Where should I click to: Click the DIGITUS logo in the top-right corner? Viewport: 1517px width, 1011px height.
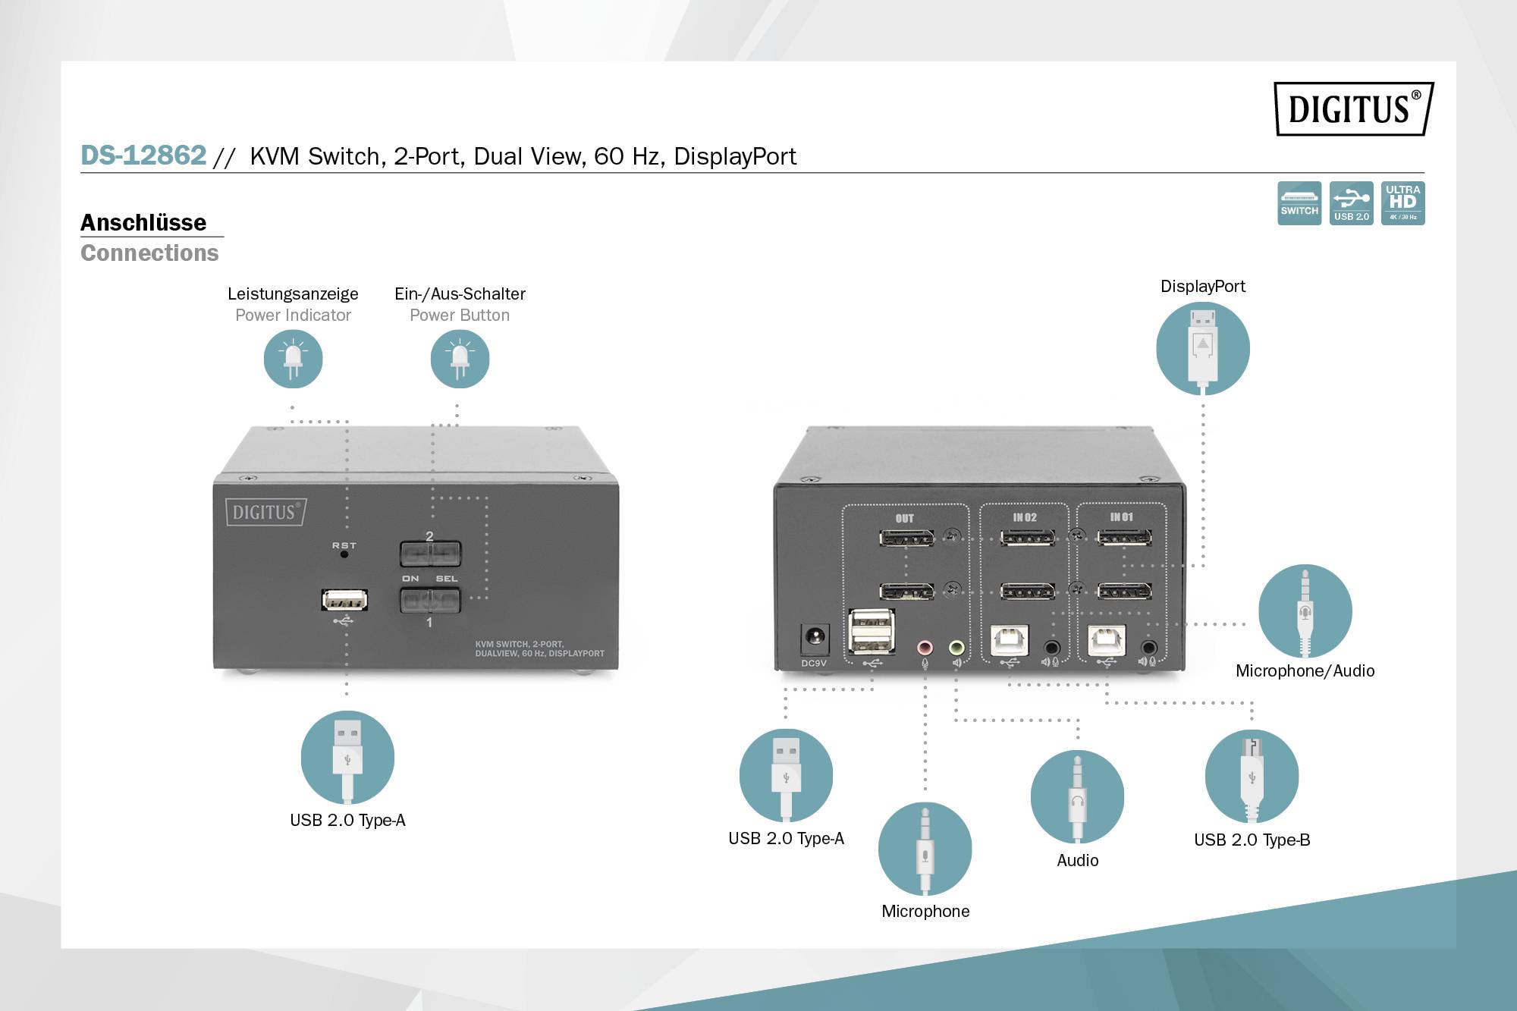(x=1353, y=109)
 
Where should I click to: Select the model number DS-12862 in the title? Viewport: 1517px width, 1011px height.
(x=143, y=155)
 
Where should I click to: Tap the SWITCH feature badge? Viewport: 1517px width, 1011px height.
(x=1299, y=203)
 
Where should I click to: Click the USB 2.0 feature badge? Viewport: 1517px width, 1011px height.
(x=1351, y=203)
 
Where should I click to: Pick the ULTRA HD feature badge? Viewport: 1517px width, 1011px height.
(x=1402, y=203)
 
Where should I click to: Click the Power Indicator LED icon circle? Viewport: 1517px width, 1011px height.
(x=293, y=359)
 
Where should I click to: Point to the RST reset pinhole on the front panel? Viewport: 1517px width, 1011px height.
(x=344, y=554)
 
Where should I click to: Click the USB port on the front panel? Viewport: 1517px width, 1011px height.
(x=344, y=600)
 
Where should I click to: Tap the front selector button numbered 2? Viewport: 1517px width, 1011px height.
(x=430, y=554)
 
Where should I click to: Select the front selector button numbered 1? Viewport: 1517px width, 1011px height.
(x=430, y=601)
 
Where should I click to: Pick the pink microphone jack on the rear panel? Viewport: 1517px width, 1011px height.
(x=925, y=648)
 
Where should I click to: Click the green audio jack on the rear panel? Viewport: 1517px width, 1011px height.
(x=956, y=648)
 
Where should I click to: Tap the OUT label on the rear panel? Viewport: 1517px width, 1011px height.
(x=904, y=519)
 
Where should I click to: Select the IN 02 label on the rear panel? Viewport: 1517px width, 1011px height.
(x=1024, y=517)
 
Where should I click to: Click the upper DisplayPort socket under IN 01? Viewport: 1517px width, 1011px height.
(x=1124, y=538)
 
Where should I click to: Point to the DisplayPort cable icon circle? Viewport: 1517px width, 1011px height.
(x=1202, y=348)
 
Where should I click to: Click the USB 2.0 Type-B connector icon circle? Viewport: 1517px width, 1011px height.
(x=1252, y=776)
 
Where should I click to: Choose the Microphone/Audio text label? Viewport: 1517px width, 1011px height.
(x=1305, y=670)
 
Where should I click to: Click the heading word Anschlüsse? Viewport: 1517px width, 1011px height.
(x=143, y=222)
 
